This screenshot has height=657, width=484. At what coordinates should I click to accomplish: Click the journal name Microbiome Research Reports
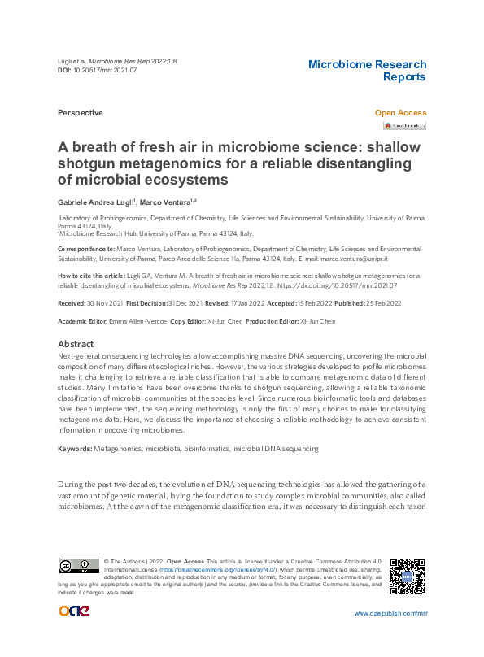pyautogui.click(x=367, y=71)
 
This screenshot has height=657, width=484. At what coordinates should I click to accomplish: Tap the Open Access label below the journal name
pyautogui.click(x=399, y=113)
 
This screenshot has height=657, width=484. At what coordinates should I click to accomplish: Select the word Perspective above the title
pyautogui.click(x=80, y=113)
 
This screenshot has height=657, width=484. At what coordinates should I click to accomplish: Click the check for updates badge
pyautogui.click(x=404, y=126)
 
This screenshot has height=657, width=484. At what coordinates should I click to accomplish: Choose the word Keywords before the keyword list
pyautogui.click(x=75, y=449)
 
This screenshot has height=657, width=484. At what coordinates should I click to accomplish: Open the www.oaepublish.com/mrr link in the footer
pyautogui.click(x=386, y=613)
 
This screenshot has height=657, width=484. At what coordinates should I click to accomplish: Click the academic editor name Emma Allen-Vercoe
pyautogui.click(x=133, y=322)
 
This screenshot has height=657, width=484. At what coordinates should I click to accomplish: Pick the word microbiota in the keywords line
pyautogui.click(x=160, y=449)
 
